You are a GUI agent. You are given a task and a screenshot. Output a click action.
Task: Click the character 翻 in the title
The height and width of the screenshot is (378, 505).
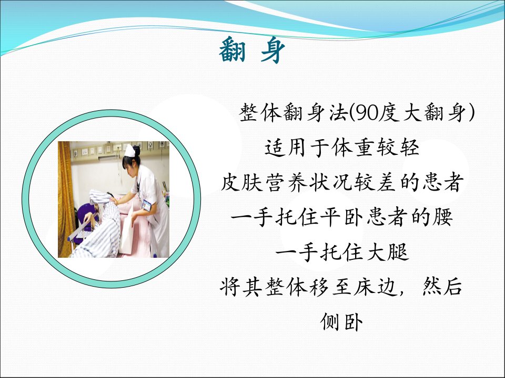tap(232, 50)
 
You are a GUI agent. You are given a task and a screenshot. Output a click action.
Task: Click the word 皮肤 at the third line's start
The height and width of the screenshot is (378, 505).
tap(241, 182)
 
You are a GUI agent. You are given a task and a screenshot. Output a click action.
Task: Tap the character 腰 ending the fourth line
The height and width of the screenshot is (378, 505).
tap(443, 217)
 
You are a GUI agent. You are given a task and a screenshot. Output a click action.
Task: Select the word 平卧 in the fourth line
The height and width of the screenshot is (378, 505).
tap(342, 217)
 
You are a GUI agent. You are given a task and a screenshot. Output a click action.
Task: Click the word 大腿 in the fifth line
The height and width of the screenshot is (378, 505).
tap(388, 251)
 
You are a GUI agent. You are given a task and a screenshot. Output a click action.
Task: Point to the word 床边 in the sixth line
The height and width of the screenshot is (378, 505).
tap(376, 287)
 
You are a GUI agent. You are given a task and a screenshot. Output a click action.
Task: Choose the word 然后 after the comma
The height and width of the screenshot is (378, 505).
tap(442, 287)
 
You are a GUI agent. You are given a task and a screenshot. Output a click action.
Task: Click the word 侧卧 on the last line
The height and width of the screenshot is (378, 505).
tap(342, 321)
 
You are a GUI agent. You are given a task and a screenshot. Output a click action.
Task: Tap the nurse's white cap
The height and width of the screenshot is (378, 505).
tap(130, 151)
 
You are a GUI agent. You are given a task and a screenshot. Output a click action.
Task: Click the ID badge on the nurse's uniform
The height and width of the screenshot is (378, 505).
tap(147, 205)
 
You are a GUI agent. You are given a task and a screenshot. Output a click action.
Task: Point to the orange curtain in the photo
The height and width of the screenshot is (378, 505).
tap(65, 199)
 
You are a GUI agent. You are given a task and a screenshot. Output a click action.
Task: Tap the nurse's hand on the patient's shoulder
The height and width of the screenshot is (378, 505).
tap(114, 201)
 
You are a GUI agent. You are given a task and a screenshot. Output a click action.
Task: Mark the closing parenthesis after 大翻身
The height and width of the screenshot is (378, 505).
tap(471, 113)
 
